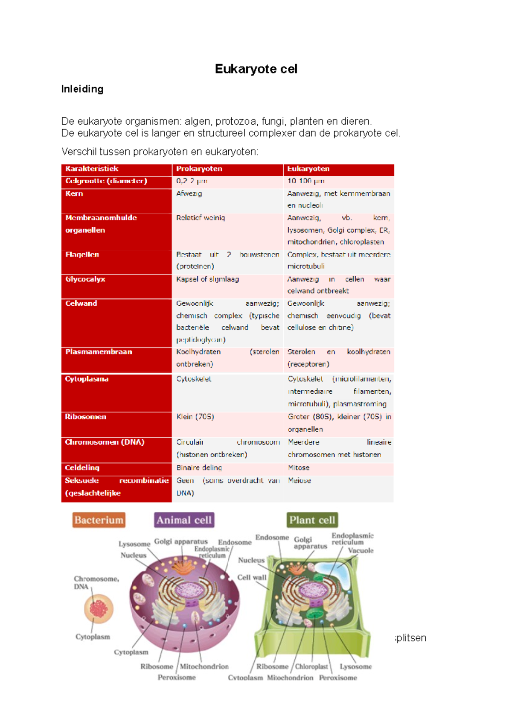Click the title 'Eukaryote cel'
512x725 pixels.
pos(256,69)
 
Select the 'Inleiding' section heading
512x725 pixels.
pos(82,89)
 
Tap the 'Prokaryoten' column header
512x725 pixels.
pos(199,169)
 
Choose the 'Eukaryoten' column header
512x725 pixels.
pos(308,169)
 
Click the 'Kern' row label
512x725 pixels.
pos(74,193)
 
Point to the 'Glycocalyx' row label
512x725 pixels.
pos(85,279)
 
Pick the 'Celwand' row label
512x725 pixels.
pos(81,303)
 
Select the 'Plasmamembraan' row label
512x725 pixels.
pos(99,352)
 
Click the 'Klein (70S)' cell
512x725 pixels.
pos(195,417)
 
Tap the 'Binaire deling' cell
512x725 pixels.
pos(199,468)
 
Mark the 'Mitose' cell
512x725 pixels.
pos(299,468)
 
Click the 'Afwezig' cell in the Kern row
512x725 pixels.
pos(189,193)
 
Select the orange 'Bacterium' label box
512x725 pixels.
pos(99,520)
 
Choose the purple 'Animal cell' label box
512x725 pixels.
pos(184,520)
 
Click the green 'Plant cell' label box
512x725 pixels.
pos(312,520)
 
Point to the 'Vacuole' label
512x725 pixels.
pos(361,550)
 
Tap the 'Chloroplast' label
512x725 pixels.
pos(311,667)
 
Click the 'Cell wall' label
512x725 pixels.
pos(252,577)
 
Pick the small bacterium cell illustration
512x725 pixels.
pos(99,608)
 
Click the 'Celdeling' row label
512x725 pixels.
pos(82,468)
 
